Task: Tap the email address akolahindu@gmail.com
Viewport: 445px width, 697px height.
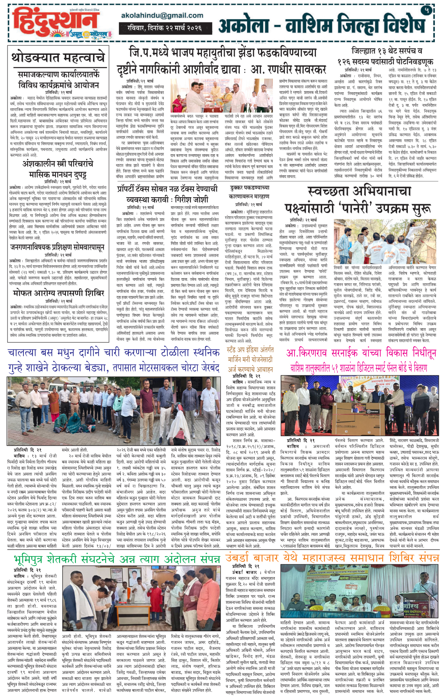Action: point(162,15)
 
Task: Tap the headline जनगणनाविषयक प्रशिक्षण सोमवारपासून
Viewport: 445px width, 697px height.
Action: point(57,247)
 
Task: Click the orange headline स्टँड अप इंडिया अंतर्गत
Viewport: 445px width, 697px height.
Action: point(250,350)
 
